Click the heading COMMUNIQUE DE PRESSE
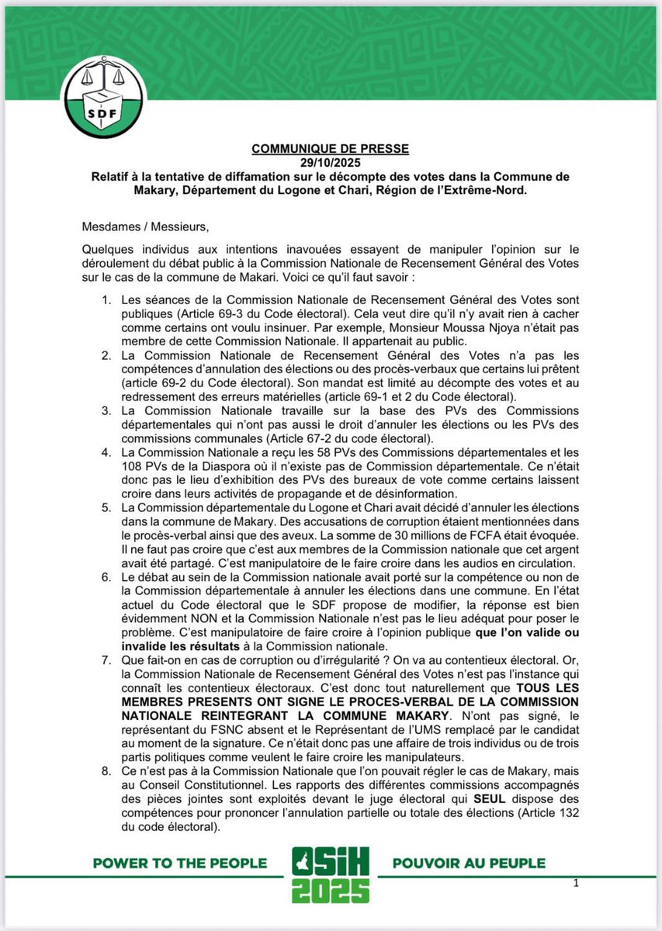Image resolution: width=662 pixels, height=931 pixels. point(331,148)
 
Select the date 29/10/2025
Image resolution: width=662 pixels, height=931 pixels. point(331,162)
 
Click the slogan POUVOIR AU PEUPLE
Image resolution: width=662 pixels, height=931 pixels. point(469,863)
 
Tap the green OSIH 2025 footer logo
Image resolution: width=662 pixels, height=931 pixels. point(331,874)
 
